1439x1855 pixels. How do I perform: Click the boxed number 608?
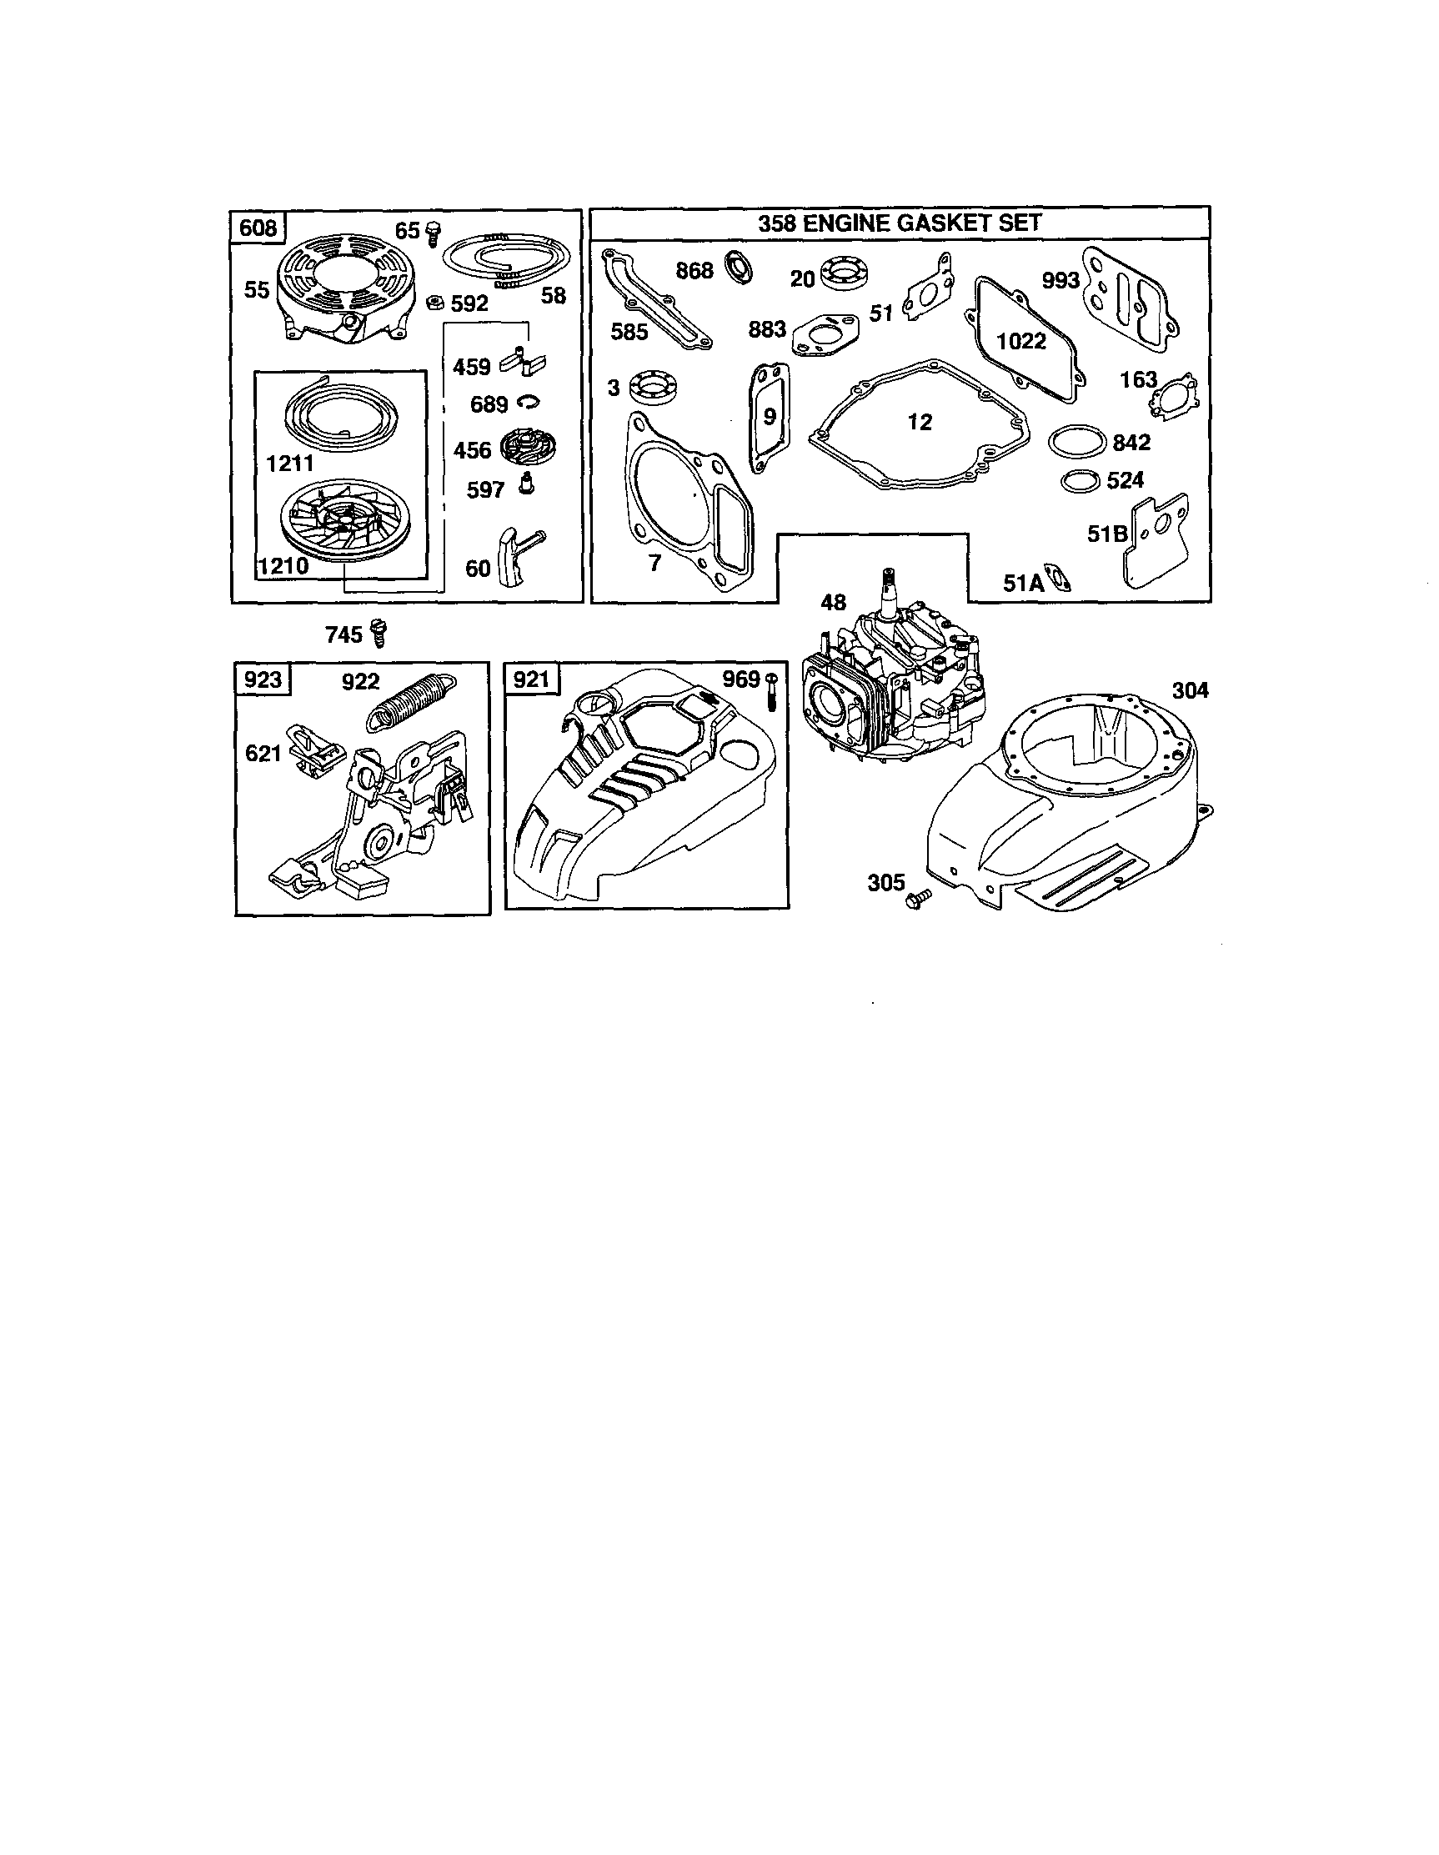click(258, 228)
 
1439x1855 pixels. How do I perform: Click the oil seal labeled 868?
click(739, 267)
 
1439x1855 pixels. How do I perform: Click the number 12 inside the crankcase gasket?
click(919, 422)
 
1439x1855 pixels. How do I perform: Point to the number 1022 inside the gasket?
click(1020, 342)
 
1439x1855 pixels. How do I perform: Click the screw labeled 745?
click(379, 634)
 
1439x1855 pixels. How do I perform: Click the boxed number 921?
click(531, 679)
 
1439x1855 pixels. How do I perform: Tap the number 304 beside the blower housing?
click(1189, 690)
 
